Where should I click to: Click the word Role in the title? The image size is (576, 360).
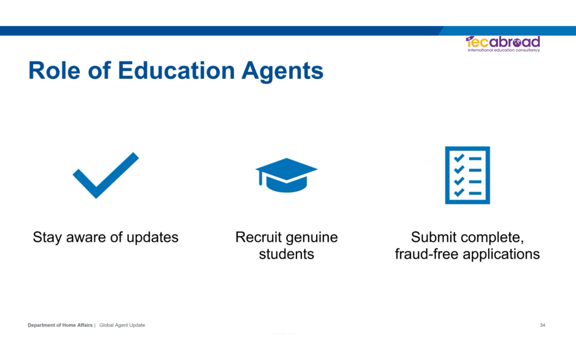54,70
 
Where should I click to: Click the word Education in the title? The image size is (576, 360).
176,70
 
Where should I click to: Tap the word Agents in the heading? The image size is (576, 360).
282,71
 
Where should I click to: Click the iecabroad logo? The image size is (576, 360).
503,44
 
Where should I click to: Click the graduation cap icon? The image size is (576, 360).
286,175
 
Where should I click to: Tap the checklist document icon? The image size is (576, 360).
467,175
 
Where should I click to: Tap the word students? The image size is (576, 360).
286,254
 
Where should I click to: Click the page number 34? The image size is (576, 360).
542,325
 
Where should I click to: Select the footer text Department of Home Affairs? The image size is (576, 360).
60,325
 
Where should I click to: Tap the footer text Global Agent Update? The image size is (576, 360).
122,325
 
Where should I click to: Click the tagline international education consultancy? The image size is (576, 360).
503,50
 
